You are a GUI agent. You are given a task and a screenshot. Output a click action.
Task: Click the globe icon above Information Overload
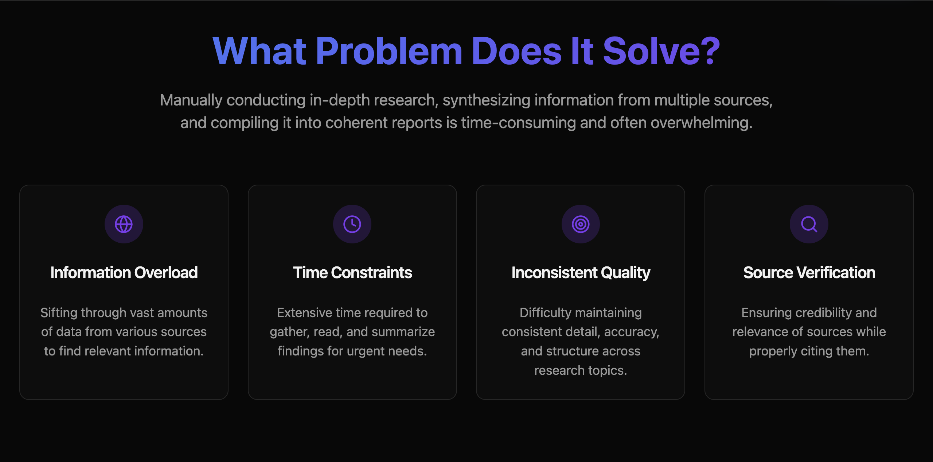(x=124, y=224)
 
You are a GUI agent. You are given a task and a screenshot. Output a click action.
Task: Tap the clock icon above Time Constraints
(x=352, y=224)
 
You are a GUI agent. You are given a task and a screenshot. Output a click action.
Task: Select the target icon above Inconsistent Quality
(x=581, y=224)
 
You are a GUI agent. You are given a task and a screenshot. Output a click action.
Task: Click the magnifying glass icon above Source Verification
(x=809, y=224)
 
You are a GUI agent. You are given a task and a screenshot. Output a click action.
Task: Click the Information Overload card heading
(x=124, y=273)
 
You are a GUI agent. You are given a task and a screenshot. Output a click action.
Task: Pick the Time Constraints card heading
(x=352, y=273)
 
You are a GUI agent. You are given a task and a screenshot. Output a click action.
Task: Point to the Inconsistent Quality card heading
(x=581, y=273)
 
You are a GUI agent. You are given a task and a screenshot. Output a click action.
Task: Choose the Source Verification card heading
(x=809, y=273)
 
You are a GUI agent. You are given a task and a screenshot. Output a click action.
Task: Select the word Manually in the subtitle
(x=191, y=100)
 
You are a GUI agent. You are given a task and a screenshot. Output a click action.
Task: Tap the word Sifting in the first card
(x=59, y=313)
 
